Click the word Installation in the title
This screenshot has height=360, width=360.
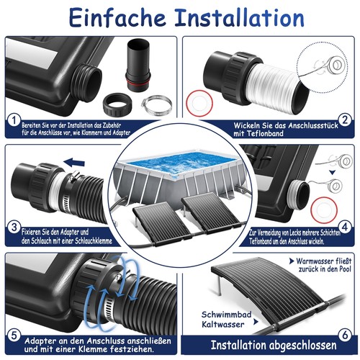240,18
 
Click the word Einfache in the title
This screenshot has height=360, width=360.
117,17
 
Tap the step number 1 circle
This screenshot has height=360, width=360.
14,121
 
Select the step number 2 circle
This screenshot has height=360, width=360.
345,120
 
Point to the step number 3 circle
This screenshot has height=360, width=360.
14,228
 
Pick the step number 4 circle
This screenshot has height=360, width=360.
345,227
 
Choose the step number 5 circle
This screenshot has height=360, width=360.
14,335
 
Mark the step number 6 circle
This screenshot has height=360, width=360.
345,335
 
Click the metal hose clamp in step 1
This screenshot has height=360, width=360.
156,105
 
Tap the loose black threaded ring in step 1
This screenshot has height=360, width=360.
118,104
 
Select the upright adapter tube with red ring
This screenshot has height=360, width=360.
138,65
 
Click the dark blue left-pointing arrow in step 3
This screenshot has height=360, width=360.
75,163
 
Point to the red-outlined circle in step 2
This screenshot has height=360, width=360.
199,104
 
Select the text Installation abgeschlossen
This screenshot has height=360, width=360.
274,345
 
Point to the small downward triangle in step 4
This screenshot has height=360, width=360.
332,173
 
